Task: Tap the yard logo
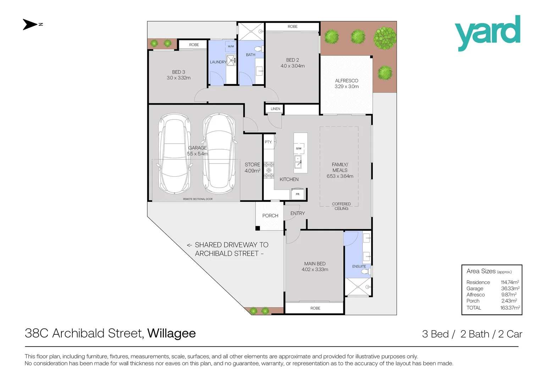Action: coord(487,33)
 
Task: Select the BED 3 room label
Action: coord(178,72)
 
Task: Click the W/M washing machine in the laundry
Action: coord(231,46)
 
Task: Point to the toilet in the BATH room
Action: coord(259,49)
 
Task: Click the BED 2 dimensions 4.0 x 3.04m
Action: coord(293,66)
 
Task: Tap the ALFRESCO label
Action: coord(347,81)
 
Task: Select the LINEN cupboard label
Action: coord(275,109)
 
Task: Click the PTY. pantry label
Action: coord(268,142)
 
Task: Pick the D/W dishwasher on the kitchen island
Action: coord(299,148)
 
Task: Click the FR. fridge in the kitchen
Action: coord(298,194)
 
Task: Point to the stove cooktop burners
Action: coord(269,170)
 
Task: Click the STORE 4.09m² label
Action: coord(252,168)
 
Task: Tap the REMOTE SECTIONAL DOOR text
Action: coord(198,199)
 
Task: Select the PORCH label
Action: coord(270,216)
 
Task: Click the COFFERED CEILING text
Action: coord(342,206)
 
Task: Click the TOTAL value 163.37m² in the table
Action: coord(510,307)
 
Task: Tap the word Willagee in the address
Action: coord(172,334)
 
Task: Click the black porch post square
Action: coord(258,228)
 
